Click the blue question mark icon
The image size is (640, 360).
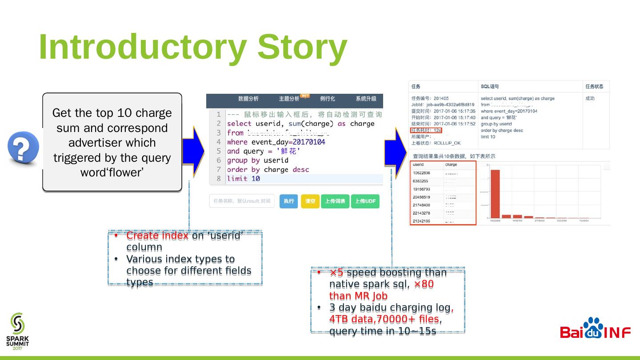(23, 147)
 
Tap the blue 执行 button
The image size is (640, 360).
(289, 201)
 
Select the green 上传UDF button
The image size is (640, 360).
(365, 201)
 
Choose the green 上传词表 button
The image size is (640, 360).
(335, 201)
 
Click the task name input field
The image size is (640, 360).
(242, 201)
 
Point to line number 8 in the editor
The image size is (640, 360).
(218, 179)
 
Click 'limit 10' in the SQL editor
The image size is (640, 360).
(244, 179)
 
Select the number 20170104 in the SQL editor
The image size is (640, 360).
(308, 142)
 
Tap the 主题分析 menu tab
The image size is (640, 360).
(289, 99)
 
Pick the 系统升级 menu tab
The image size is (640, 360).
(366, 99)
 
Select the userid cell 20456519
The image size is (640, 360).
(421, 197)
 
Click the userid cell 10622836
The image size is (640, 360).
(421, 173)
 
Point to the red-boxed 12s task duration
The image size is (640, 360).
(426, 130)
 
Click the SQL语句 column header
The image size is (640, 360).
(489, 86)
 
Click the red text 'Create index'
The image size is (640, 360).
(157, 236)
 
